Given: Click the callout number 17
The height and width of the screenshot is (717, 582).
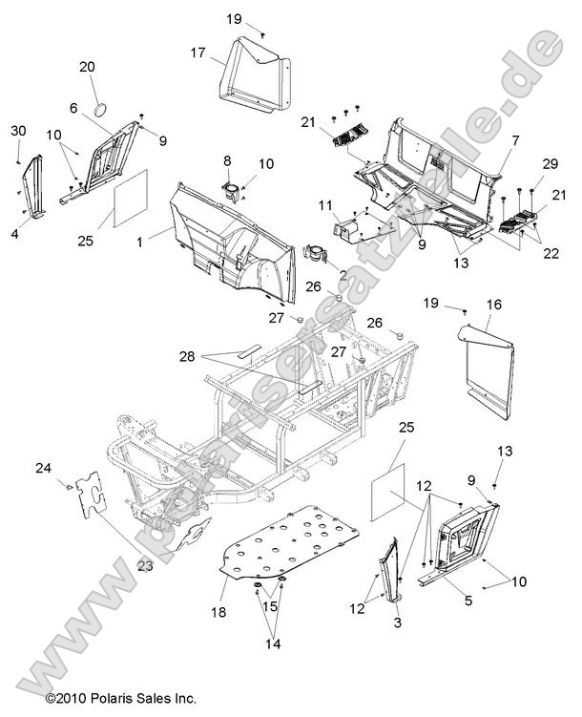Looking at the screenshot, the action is pos(197,53).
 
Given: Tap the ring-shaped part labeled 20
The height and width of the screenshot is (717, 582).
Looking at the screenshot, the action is pos(101,110).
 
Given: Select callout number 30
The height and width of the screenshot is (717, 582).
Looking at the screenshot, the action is pos(18,131).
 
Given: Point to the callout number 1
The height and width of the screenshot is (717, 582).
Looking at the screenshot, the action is pos(140,242).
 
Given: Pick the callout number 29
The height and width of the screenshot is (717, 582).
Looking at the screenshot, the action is pos(550,163).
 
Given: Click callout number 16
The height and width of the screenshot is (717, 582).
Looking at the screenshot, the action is pos(494,305).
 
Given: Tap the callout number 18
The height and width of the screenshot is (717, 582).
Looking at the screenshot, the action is pos(218,612).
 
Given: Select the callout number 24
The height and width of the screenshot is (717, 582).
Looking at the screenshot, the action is pos(43,468).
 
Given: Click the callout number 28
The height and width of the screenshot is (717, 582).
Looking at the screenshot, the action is pos(187,356).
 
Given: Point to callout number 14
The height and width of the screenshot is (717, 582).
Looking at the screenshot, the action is pos(273,643).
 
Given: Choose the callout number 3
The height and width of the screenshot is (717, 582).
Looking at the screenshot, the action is pos(398,622).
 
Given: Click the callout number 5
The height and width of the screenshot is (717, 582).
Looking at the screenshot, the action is pos(468,600).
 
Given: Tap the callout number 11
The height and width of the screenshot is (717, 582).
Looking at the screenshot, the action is pos(325,206).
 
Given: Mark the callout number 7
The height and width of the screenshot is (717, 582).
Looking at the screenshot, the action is pos(515,140).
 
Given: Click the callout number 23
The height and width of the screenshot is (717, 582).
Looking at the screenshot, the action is pos(145,565).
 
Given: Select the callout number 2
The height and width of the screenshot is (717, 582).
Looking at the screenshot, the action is pos(343,275).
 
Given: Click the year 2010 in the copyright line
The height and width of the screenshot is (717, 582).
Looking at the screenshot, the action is pos(73,699).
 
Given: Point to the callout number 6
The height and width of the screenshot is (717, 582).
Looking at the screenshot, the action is pos(73,108).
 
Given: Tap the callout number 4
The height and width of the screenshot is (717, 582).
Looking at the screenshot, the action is pos(15,234).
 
